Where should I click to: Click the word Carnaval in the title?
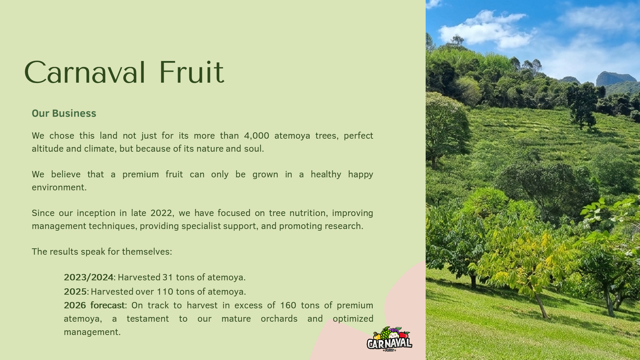click(x=85, y=72)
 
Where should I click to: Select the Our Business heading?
click(x=64, y=113)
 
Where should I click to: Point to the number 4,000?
click(x=256, y=136)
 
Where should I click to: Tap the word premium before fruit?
click(x=140, y=174)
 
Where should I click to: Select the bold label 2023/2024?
click(x=89, y=277)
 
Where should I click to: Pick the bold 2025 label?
click(x=75, y=292)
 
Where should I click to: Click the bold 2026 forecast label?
click(x=94, y=305)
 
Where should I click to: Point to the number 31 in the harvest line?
click(x=168, y=277)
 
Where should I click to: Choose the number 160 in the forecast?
click(x=288, y=305)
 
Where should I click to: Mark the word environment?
click(x=59, y=187)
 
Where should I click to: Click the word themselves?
click(x=147, y=252)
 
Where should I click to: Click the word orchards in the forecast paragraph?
click(x=279, y=319)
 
